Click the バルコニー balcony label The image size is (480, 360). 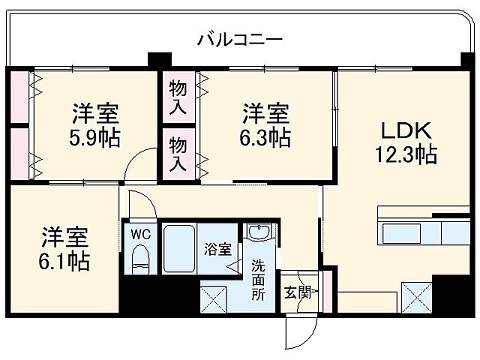239,39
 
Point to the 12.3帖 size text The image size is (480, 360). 406,155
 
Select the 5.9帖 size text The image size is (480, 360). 95,139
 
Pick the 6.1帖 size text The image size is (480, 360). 65,261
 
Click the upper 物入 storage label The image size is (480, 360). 177,97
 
